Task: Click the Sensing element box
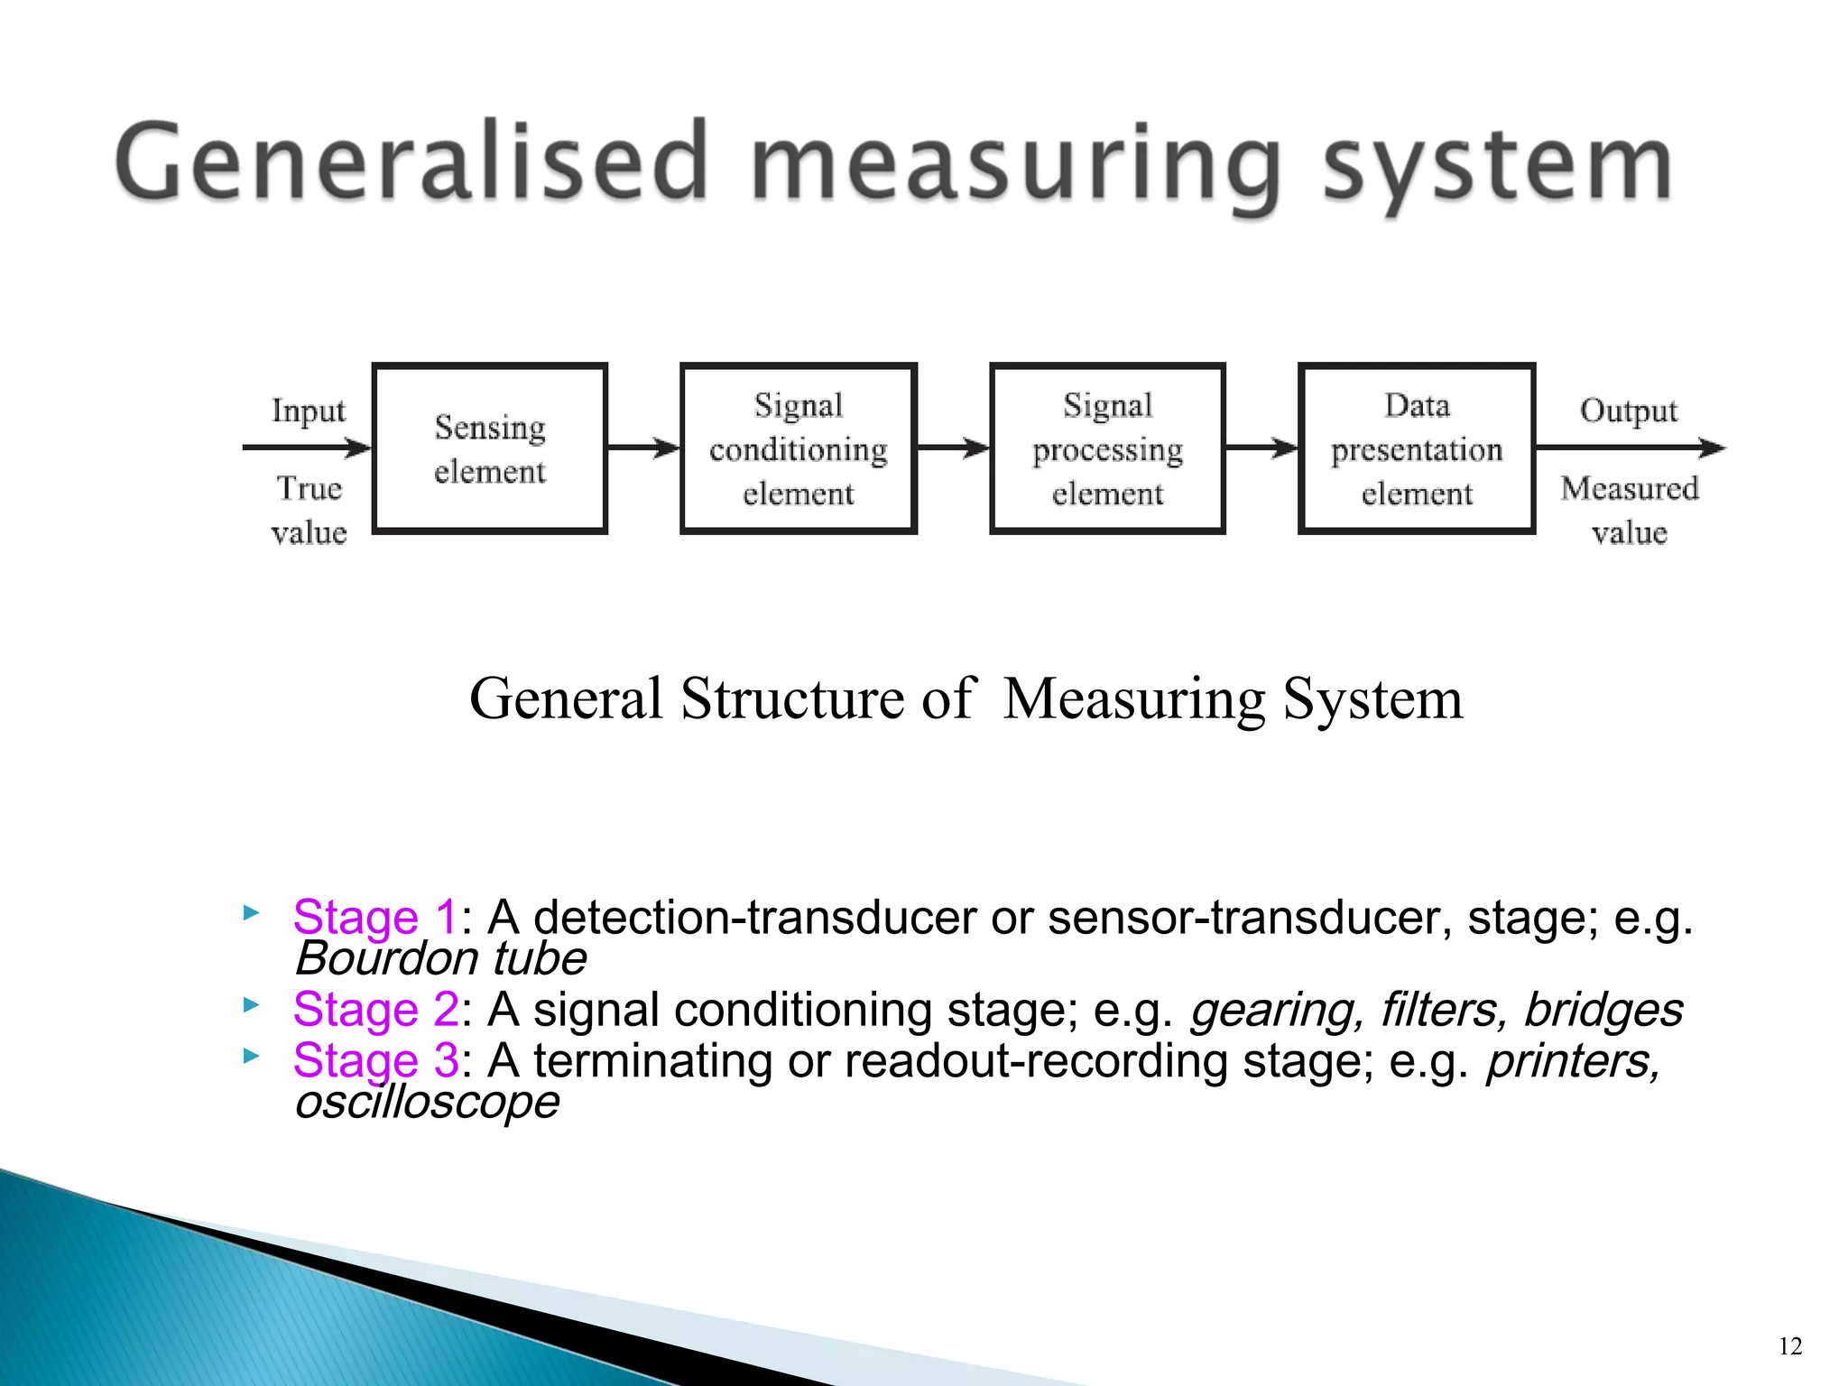tap(489, 448)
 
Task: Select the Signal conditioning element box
tap(798, 448)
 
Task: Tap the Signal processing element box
tap(1107, 448)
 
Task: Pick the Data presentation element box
tap(1416, 448)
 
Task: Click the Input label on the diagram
tap(309, 411)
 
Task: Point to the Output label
tap(1628, 411)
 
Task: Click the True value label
tap(309, 511)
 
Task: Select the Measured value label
tap(1629, 511)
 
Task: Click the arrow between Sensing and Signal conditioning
tap(643, 448)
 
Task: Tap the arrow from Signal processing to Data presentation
tap(1261, 448)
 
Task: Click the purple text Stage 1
tap(374, 918)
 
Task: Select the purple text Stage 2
tap(374, 1010)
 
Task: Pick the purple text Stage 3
tap(374, 1061)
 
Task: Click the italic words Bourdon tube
tap(440, 958)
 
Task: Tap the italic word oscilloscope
tap(427, 1102)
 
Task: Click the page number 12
tap(1790, 1346)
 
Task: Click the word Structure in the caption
tap(791, 698)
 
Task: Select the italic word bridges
tap(1603, 1010)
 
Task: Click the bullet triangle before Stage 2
tap(251, 1004)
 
